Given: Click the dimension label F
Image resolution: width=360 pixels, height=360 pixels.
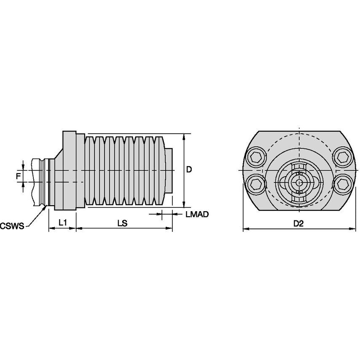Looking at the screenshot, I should (x=18, y=176).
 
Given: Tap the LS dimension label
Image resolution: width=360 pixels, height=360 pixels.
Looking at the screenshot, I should (x=123, y=223).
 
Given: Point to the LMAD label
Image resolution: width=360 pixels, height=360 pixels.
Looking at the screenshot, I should (x=197, y=214).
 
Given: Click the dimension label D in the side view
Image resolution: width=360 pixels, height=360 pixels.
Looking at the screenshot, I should (x=189, y=169).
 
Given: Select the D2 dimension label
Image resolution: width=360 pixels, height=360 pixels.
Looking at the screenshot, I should (x=298, y=223).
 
